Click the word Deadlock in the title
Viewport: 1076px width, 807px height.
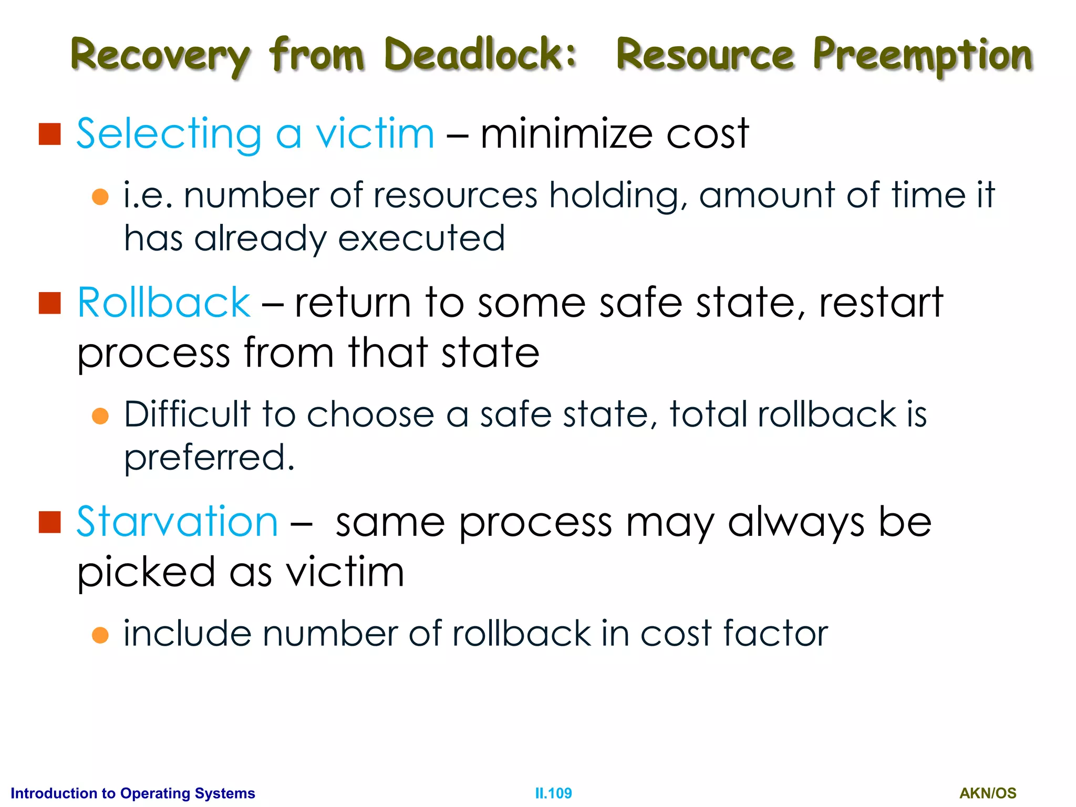pos(480,54)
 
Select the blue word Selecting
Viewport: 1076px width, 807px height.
pos(169,134)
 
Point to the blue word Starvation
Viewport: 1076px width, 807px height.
pos(177,521)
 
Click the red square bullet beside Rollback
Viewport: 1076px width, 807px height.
pos(50,303)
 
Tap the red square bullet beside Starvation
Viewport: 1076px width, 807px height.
pos(50,522)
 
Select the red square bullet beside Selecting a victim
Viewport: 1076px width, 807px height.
pos(50,134)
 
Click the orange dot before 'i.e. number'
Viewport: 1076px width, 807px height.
pos(100,197)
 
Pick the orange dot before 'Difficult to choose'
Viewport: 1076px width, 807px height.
pos(100,416)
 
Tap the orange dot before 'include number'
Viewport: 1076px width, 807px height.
pos(100,635)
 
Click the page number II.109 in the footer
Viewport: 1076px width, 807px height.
pos(553,793)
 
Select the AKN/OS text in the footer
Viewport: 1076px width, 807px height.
pos(988,793)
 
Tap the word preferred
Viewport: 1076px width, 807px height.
pos(209,458)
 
